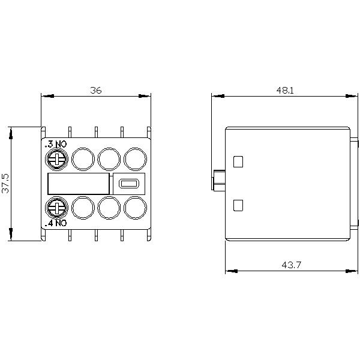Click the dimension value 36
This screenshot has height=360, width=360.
96,90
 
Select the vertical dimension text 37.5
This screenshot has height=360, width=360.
6,183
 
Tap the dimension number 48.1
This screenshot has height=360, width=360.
285,90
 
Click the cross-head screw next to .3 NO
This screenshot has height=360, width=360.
55,158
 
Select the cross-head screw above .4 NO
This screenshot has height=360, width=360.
55,208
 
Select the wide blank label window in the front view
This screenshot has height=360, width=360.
78,184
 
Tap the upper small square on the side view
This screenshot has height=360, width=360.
238,161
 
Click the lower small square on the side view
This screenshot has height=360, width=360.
238,205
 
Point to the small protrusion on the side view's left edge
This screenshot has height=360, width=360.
218,179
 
